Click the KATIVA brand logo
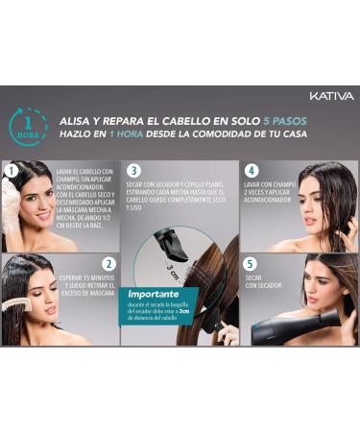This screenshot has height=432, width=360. (331, 96)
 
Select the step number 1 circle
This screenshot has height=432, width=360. (12, 171)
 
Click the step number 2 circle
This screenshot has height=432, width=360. (108, 264)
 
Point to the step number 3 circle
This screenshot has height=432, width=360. (134, 171)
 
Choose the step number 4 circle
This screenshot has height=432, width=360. (252, 171)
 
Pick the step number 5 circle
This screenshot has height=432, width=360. (252, 264)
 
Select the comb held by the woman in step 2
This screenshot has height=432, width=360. (13, 305)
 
